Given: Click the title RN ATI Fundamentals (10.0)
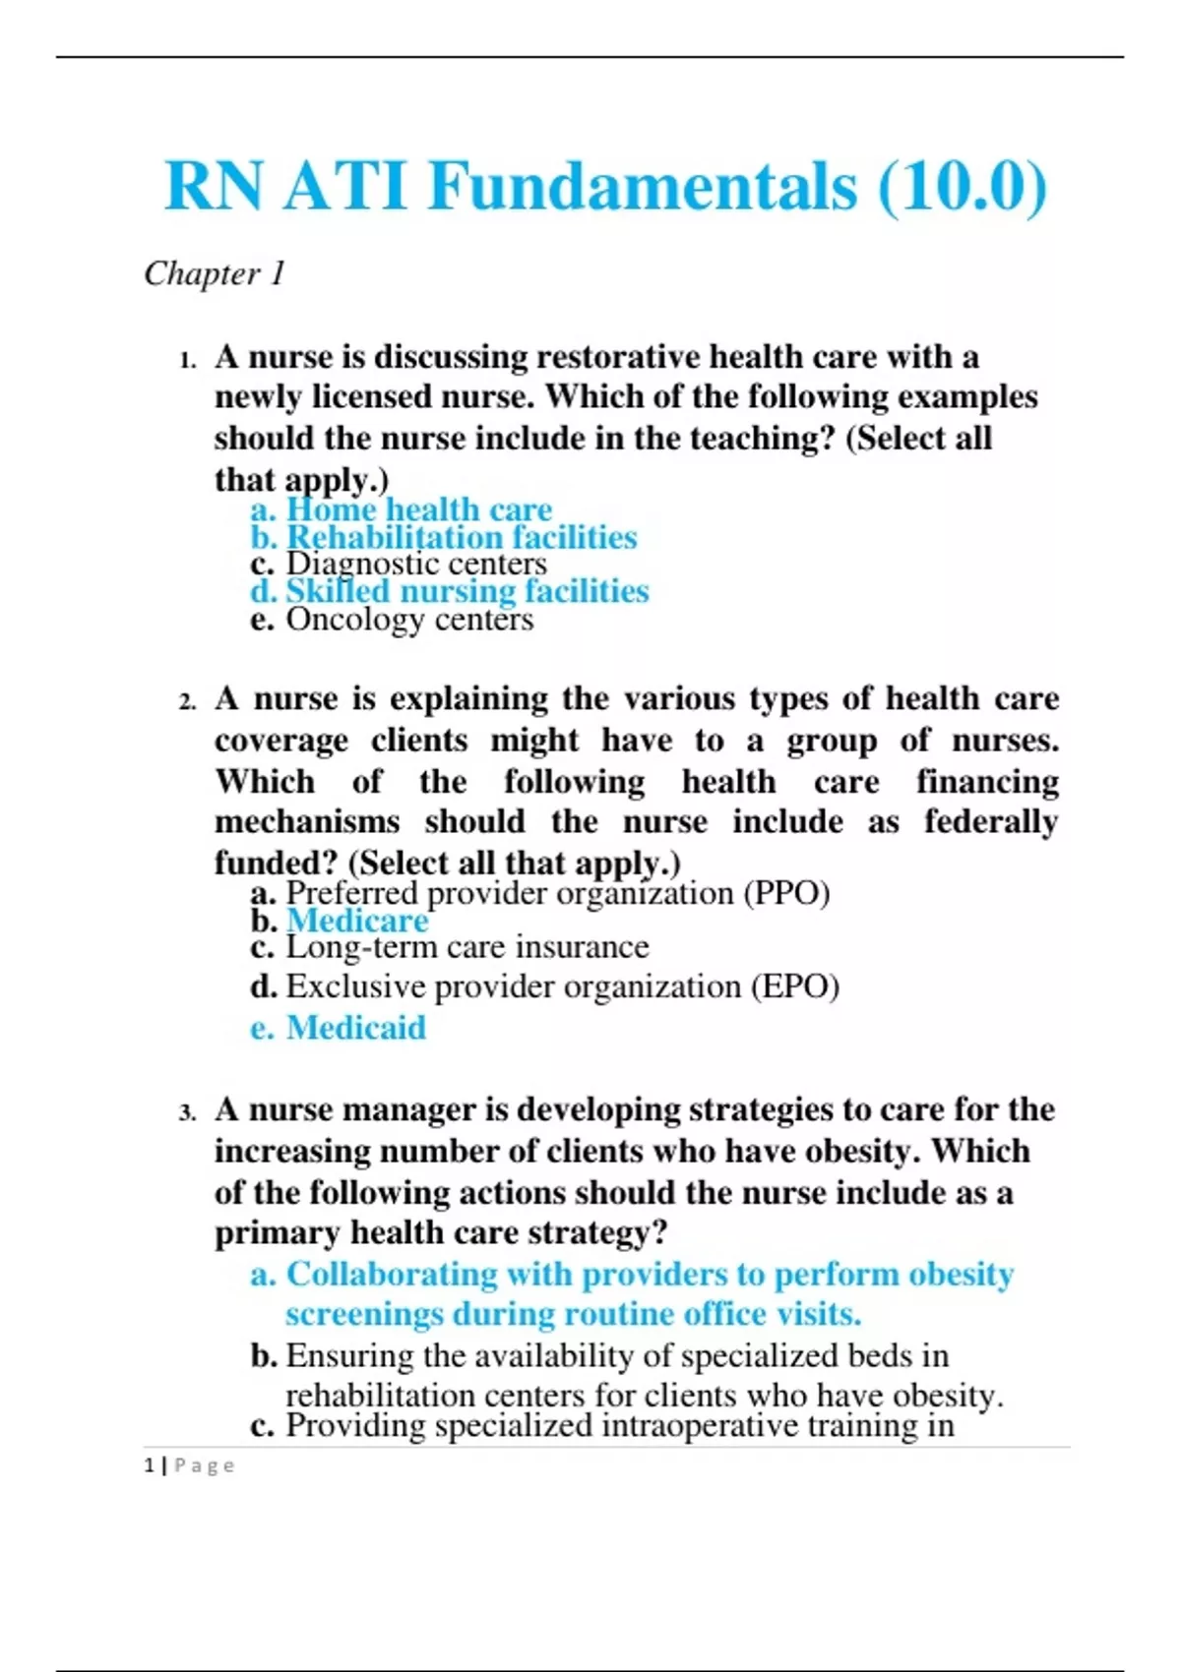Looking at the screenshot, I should coord(605,186).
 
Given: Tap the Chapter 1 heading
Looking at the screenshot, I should coord(215,273).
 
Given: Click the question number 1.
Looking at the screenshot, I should coord(188,360).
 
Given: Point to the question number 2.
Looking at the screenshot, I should coord(188,702).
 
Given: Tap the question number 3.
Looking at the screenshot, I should coord(188,1113).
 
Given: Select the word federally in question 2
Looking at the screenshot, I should coord(990,821).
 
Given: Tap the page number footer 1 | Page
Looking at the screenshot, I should coord(189,1465).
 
